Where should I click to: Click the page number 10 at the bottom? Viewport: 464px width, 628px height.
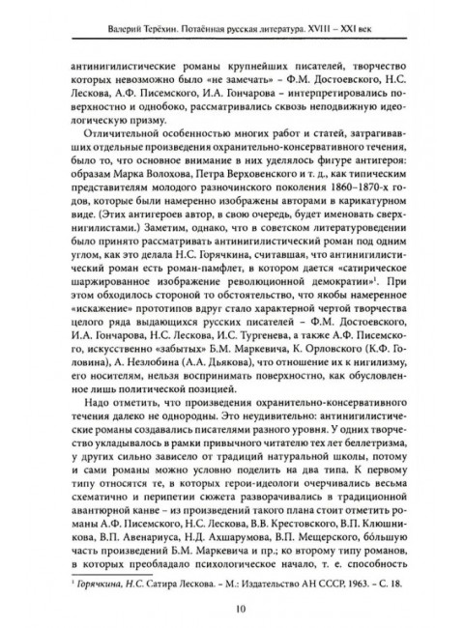pos(232,607)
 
